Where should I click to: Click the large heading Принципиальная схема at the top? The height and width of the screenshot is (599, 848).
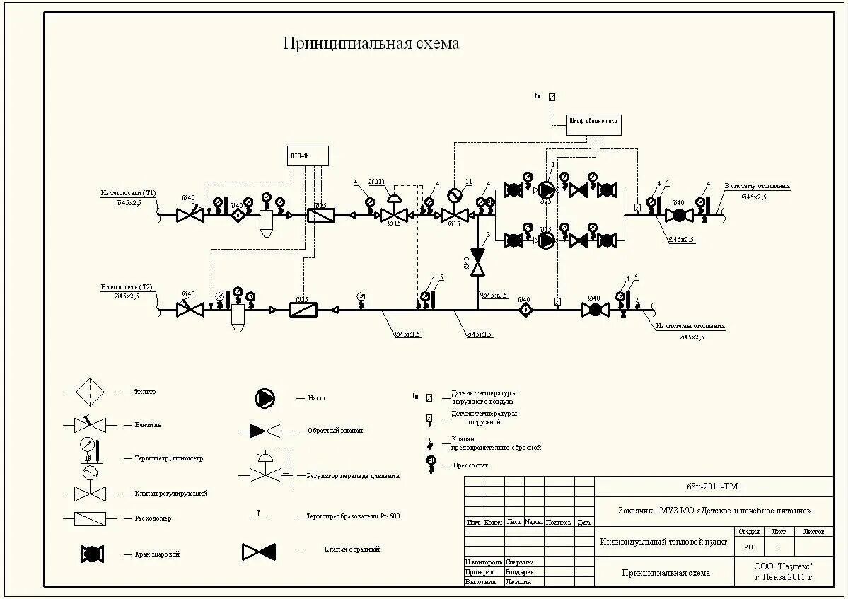click(371, 44)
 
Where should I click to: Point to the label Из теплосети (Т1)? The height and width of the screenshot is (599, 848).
click(128, 192)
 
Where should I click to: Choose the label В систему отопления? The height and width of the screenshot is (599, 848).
click(756, 187)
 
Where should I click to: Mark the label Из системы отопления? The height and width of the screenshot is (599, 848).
click(690, 327)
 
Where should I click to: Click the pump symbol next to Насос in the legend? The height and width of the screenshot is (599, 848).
click(265, 398)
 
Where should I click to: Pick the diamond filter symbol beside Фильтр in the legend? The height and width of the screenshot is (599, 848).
click(89, 391)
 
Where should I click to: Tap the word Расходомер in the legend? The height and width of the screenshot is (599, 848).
click(153, 518)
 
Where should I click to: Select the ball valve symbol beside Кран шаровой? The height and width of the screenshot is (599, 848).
click(93, 554)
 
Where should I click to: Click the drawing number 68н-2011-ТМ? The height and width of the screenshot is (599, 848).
click(713, 487)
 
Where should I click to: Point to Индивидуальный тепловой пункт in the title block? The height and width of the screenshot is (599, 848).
click(663, 542)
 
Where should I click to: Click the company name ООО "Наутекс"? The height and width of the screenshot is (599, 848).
click(784, 566)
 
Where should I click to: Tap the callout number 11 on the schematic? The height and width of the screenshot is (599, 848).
click(468, 182)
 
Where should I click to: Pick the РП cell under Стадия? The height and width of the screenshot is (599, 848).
click(748, 547)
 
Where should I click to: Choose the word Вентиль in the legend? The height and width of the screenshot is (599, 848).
click(148, 425)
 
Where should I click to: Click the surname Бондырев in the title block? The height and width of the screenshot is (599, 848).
click(520, 571)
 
